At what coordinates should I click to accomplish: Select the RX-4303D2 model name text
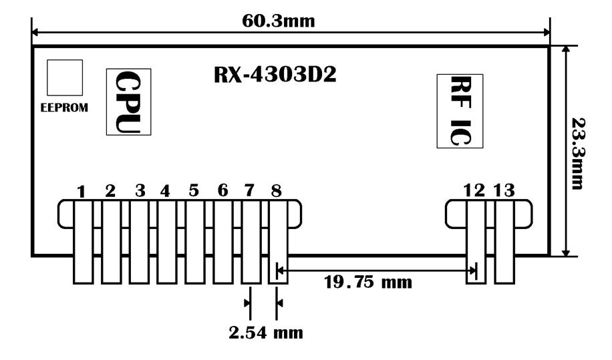click(275, 75)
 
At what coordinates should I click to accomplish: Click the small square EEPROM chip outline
click(65, 77)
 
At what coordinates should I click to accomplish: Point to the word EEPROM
click(65, 108)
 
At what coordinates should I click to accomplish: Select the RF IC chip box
click(460, 111)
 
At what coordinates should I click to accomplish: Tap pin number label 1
click(81, 192)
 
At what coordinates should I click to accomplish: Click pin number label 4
click(165, 191)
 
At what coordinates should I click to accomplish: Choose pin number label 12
click(474, 191)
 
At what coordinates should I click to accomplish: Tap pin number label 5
click(194, 191)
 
